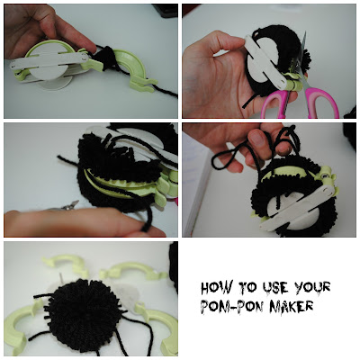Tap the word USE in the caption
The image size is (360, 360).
pyautogui.click(x=275, y=287)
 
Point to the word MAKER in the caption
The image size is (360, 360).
pyautogui.click(x=292, y=307)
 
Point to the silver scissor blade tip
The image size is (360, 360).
pyautogui.click(x=305, y=32)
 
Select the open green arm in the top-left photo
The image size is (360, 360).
pyautogui.click(x=132, y=69)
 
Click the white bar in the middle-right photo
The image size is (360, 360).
pyautogui.click(x=297, y=207)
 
